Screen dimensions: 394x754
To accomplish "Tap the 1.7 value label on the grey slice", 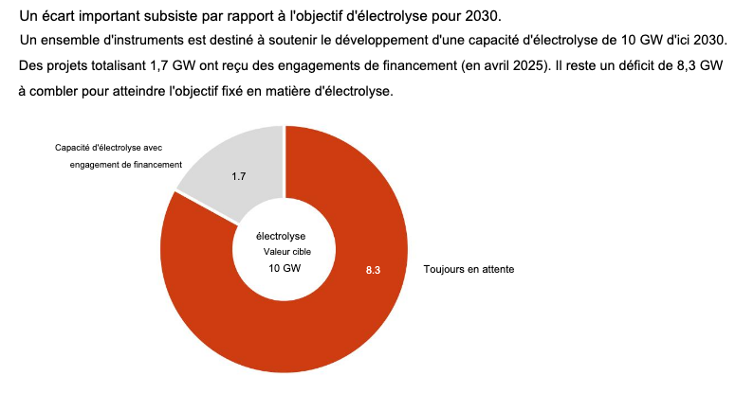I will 239,176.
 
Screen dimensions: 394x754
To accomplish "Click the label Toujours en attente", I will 469,270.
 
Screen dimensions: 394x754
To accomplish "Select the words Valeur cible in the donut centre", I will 285,252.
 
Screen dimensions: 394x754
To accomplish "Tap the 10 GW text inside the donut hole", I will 285,269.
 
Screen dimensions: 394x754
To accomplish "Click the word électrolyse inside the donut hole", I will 281,235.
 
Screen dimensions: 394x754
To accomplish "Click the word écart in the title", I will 60,18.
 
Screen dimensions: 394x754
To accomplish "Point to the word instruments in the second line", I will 138,42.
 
